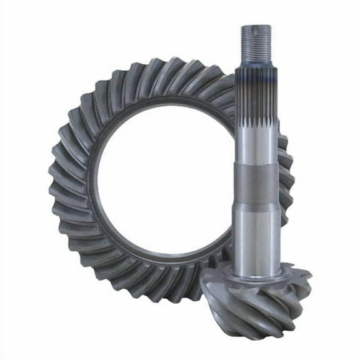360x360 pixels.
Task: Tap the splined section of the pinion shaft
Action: click(256, 100)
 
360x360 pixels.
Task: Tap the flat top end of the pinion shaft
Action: click(256, 26)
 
